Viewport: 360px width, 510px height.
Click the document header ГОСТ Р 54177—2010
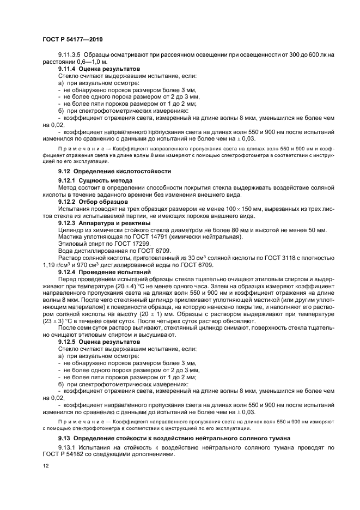(x=72, y=40)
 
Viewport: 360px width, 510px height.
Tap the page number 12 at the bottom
(x=46, y=466)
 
